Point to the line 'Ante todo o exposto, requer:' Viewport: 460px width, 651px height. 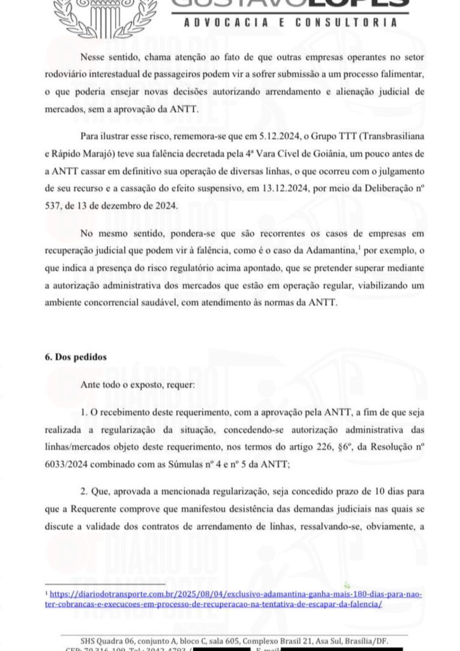click(x=138, y=385)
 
